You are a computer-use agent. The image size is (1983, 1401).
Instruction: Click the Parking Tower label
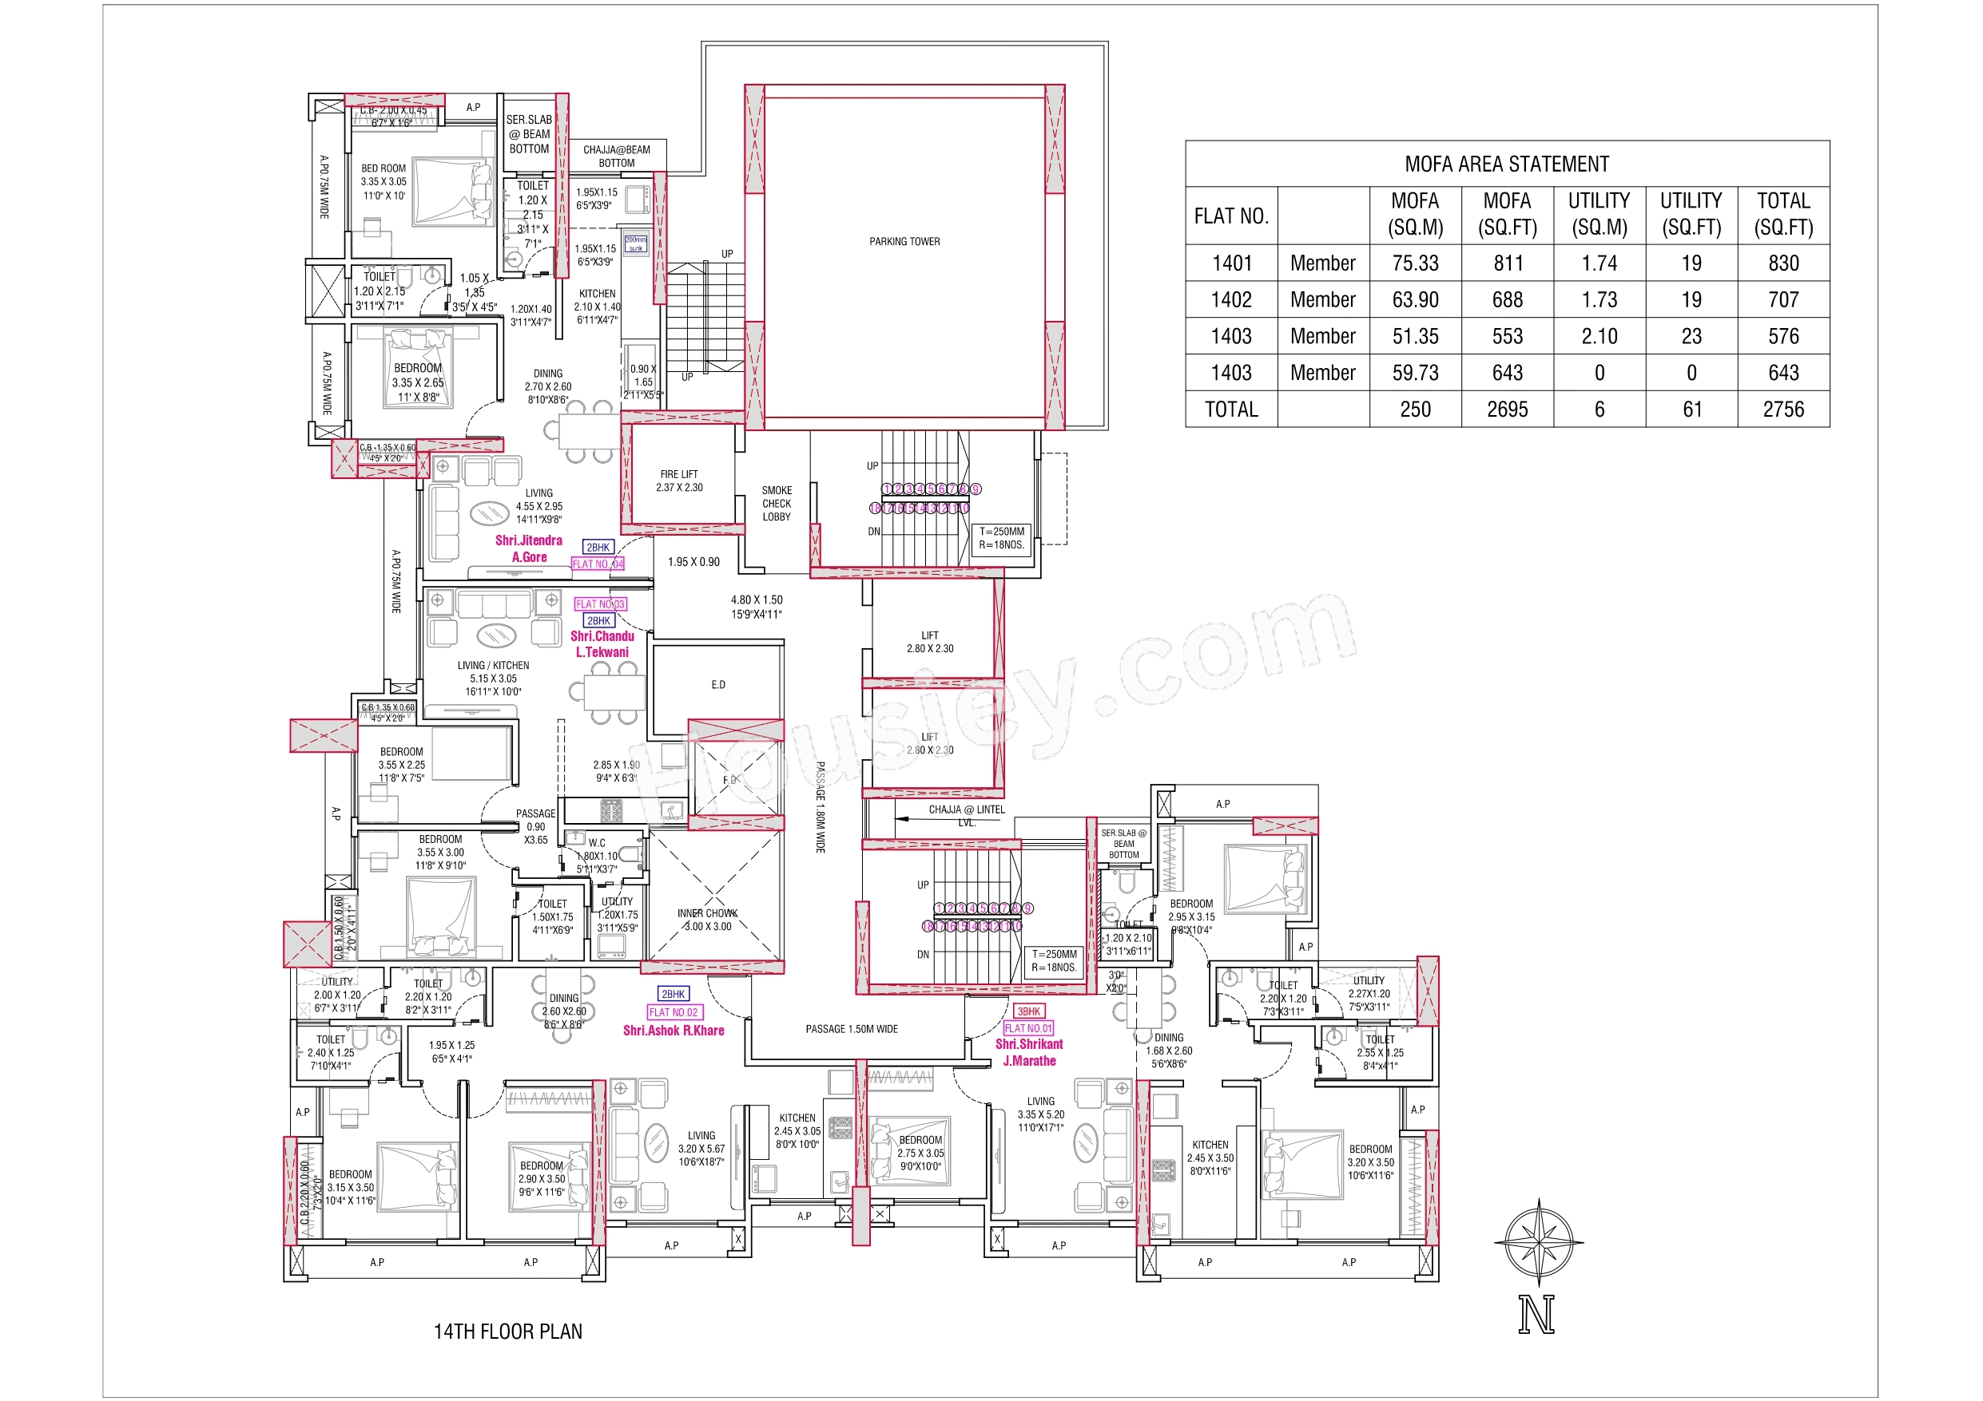[x=904, y=242]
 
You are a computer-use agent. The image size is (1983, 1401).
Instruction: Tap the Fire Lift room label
[x=679, y=481]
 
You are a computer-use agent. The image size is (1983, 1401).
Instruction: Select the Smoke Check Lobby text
[x=776, y=503]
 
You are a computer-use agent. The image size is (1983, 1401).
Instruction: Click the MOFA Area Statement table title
[x=1506, y=164]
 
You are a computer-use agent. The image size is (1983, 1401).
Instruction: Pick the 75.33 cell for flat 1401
[x=1415, y=263]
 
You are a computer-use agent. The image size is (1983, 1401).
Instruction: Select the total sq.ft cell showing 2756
[x=1782, y=410]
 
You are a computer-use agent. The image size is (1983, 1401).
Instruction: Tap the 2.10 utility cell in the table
[x=1599, y=337]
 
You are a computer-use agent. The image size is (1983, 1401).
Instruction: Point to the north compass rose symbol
[x=1538, y=1242]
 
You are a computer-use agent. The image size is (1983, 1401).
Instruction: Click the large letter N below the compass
[x=1536, y=1315]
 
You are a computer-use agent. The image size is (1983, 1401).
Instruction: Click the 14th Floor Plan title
[x=508, y=1331]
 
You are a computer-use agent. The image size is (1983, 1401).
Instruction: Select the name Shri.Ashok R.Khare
[x=674, y=1031]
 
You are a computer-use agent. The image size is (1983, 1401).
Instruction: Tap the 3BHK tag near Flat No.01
[x=1028, y=1011]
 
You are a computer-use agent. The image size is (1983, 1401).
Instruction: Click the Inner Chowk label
[x=707, y=920]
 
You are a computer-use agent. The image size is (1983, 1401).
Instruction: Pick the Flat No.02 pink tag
[x=674, y=1012]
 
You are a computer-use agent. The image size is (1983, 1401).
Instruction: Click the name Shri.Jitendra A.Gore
[x=529, y=548]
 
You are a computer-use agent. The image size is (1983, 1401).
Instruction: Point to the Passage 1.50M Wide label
[x=852, y=1029]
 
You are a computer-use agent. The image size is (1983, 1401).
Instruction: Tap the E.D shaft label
[x=717, y=684]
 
